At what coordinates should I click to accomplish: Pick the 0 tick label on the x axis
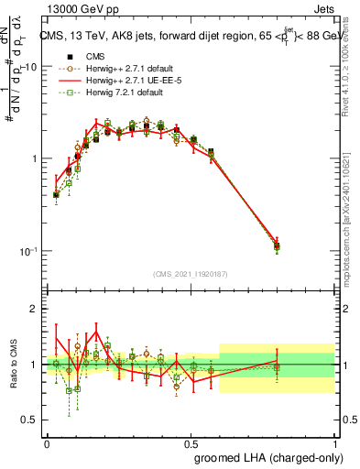47,442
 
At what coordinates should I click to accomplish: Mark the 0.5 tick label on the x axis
191,442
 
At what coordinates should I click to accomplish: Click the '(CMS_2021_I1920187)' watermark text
191,272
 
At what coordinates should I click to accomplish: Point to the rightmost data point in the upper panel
277,245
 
